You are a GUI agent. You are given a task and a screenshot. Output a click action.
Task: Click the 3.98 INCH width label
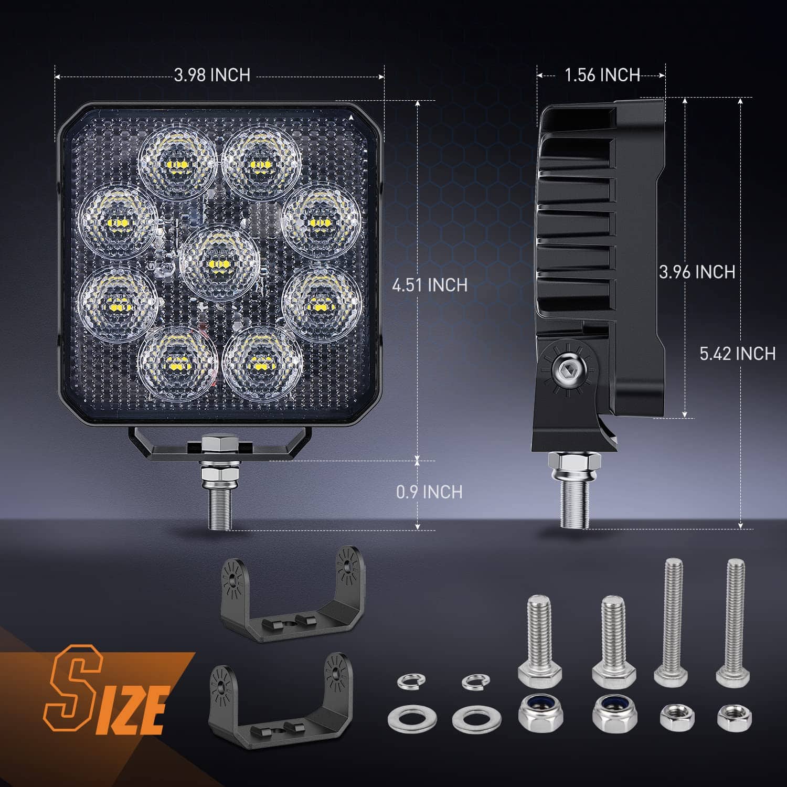tap(212, 75)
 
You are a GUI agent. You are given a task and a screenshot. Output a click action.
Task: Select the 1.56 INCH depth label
tap(602, 75)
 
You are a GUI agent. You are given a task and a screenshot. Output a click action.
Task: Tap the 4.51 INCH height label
tap(430, 285)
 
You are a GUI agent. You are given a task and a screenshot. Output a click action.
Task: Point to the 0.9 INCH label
tap(429, 492)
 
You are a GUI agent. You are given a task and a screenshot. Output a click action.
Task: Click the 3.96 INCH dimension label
tap(697, 272)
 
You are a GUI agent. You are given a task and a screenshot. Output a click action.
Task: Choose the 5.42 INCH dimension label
tap(737, 354)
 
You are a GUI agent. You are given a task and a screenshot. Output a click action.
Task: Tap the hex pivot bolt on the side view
tap(568, 370)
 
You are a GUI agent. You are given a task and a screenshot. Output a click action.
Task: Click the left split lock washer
tap(411, 681)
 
